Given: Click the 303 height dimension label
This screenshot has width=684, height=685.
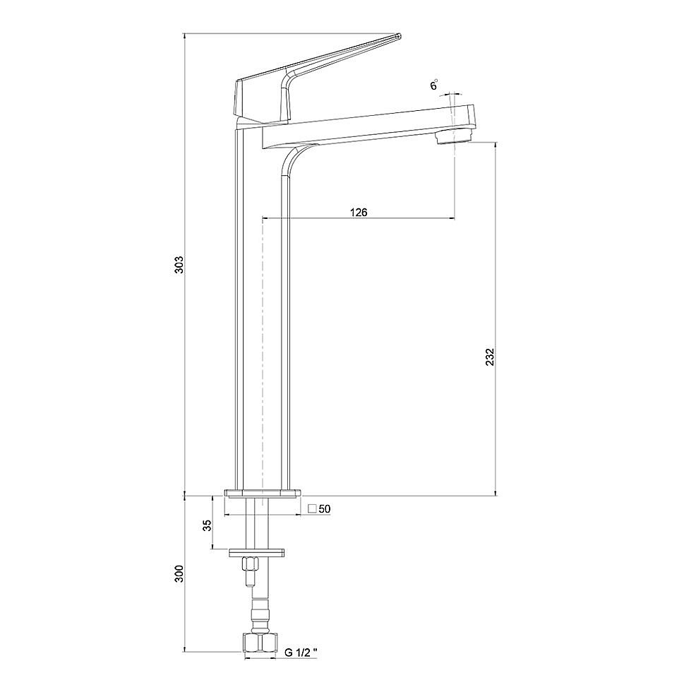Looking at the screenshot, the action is (x=179, y=265).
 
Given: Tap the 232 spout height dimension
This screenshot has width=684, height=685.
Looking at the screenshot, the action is (x=490, y=357).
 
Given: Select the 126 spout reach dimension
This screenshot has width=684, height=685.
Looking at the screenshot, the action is (x=359, y=213).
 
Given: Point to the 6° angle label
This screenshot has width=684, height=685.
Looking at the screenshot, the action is (x=433, y=85).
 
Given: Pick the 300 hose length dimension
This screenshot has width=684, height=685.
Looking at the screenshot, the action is (x=179, y=573).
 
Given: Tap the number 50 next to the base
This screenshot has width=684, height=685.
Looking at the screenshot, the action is (x=325, y=509).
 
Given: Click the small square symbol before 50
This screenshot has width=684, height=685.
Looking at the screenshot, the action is (x=312, y=508).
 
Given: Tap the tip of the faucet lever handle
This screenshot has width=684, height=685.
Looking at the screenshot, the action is (x=398, y=36).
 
